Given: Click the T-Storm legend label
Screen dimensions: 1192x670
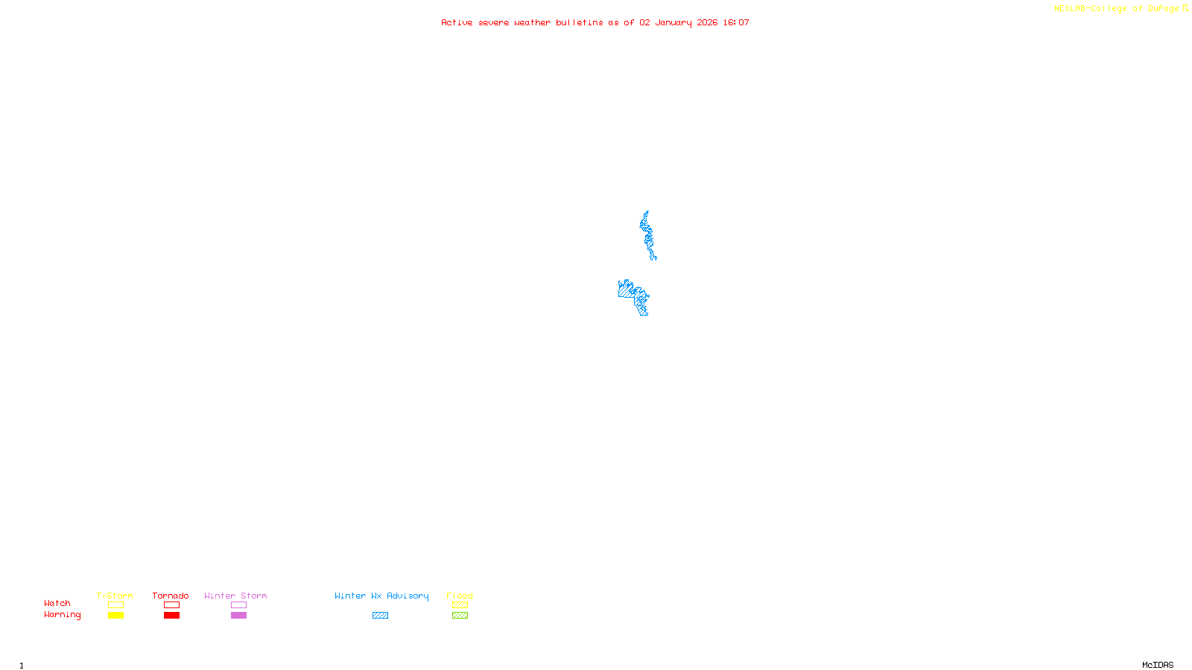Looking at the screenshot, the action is point(115,596).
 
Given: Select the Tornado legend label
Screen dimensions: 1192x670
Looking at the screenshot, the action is point(171,596).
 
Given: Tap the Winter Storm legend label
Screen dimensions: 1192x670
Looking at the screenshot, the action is point(235,596).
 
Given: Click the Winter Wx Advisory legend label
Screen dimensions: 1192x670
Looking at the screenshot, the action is point(381,596).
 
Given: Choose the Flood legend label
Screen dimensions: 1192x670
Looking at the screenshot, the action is point(460,596).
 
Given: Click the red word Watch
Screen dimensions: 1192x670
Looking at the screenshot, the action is point(57,603).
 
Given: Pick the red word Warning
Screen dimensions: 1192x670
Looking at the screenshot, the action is point(62,615).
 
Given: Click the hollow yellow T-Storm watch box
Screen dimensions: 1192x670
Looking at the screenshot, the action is point(115,605).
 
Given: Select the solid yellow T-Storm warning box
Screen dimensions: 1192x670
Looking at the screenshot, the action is point(115,616).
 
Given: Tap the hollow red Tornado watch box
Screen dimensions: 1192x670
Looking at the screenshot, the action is point(171,605).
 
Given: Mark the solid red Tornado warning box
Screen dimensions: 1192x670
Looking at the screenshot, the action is point(171,616).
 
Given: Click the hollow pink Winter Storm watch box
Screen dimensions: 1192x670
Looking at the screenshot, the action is point(238,605).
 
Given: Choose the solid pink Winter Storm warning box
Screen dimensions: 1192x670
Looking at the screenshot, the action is point(238,616).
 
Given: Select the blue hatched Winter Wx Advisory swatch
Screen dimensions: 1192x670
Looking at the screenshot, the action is point(380,616).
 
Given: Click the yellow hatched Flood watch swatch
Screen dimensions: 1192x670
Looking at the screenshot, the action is point(460,605).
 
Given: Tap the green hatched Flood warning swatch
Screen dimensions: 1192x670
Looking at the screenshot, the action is point(460,616).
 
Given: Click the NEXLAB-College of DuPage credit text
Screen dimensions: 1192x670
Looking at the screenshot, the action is point(1117,9).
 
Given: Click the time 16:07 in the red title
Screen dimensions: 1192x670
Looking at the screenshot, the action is point(736,22).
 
